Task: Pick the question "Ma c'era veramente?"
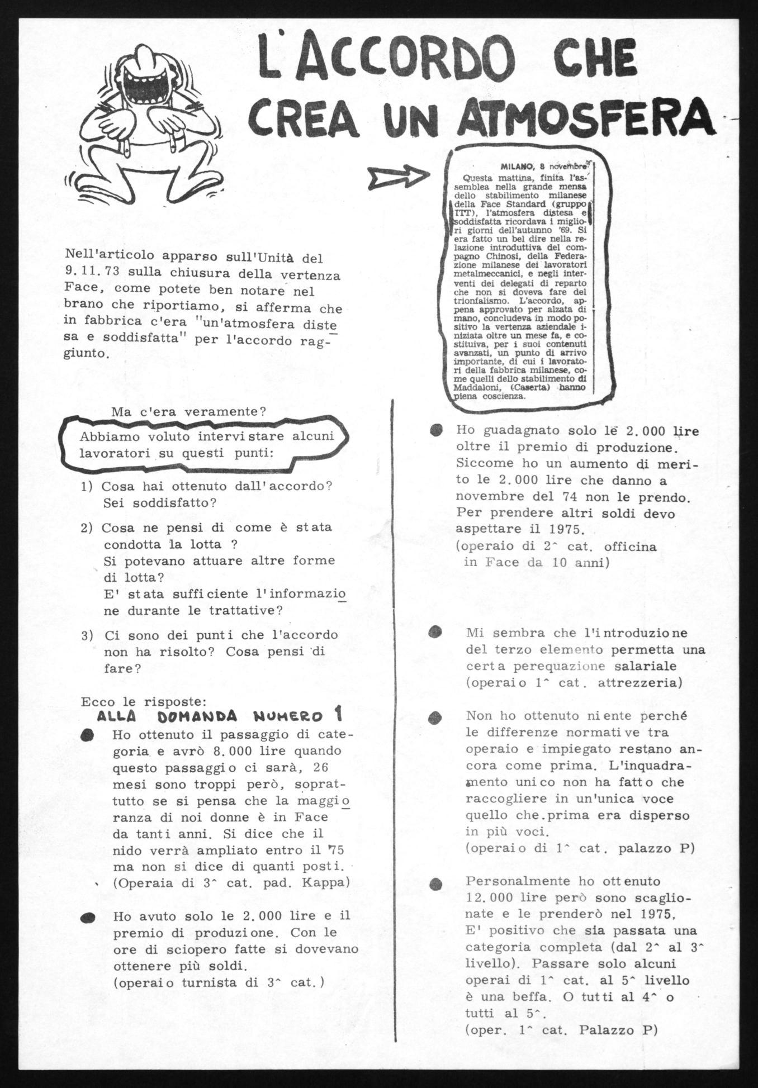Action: click(x=188, y=412)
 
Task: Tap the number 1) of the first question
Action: click(x=87, y=486)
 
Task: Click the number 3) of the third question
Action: click(x=87, y=635)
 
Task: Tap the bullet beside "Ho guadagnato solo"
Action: click(x=435, y=430)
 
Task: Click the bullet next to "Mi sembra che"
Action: click(x=436, y=632)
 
